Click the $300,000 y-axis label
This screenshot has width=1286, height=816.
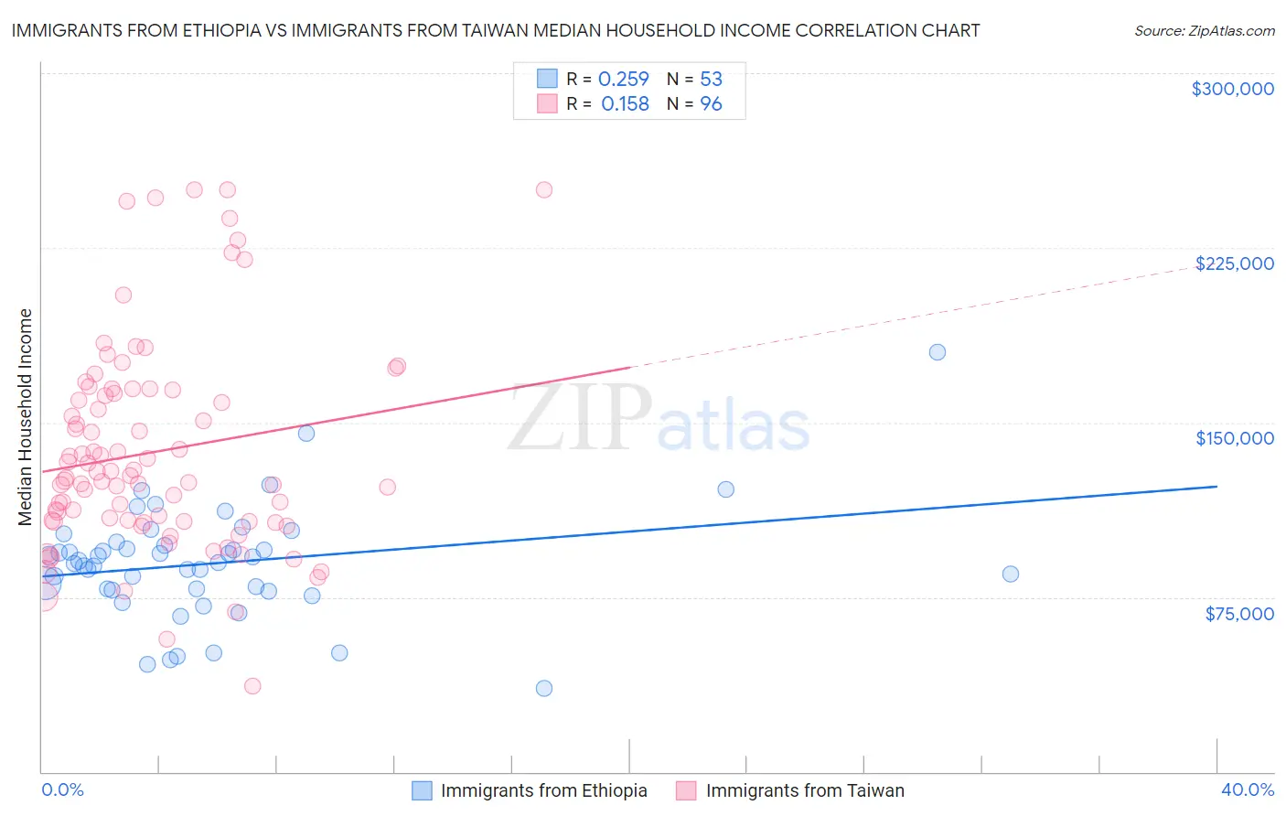pyautogui.click(x=1232, y=89)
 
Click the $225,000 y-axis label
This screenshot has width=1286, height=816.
pyautogui.click(x=1234, y=263)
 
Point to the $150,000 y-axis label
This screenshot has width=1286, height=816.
pyautogui.click(x=1234, y=438)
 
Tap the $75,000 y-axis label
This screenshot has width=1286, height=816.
pyautogui.click(x=1238, y=614)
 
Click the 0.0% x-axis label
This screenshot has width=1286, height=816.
pyautogui.click(x=62, y=789)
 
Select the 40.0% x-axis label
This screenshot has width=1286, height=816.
pyautogui.click(x=1247, y=789)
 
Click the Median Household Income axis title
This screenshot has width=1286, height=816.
pyautogui.click(x=26, y=417)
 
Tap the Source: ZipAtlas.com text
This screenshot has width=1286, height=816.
pyautogui.click(x=1204, y=31)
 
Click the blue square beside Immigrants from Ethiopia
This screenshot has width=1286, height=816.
pyautogui.click(x=422, y=790)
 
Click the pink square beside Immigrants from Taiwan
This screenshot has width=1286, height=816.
pyautogui.click(x=686, y=790)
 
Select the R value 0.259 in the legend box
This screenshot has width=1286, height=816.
pyautogui.click(x=623, y=80)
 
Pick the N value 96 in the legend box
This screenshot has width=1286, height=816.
pyautogui.click(x=711, y=104)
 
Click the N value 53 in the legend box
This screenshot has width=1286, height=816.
pyautogui.click(x=711, y=80)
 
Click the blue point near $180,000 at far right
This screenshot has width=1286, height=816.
pyautogui.click(x=937, y=352)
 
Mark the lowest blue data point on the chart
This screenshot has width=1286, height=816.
pyautogui.click(x=543, y=688)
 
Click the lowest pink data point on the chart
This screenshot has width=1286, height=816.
pyautogui.click(x=252, y=686)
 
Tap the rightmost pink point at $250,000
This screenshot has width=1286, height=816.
pyautogui.click(x=543, y=190)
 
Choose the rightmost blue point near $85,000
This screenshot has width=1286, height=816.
pyautogui.click(x=1010, y=574)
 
